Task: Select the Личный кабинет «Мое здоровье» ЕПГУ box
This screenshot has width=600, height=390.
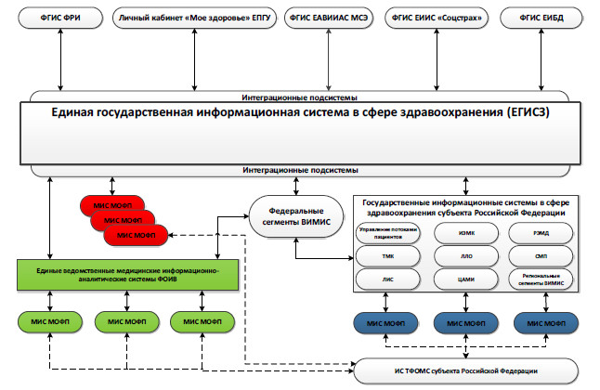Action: click(x=192, y=18)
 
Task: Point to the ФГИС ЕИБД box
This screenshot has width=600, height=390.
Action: click(x=538, y=18)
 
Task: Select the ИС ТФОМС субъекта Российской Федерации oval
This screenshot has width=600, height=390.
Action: click(x=464, y=371)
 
